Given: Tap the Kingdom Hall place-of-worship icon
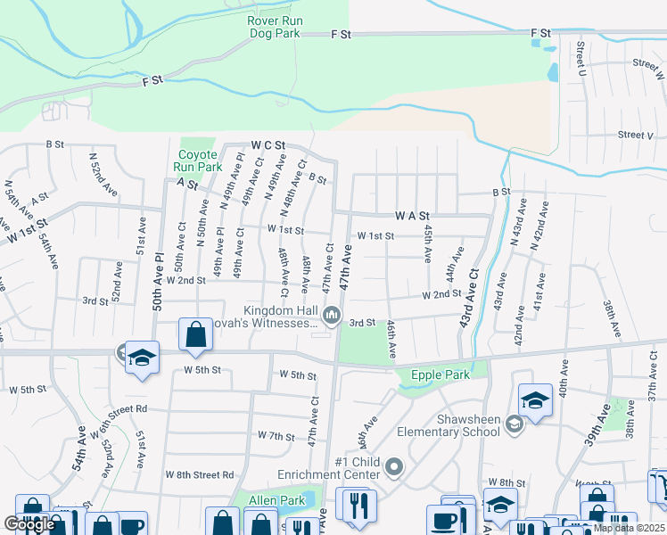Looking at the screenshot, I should [333, 314].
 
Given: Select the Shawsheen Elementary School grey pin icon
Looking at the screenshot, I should [515, 424].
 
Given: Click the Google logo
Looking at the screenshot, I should [29, 524].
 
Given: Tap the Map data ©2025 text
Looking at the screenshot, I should [629, 528].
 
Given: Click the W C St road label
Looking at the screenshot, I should [267, 144].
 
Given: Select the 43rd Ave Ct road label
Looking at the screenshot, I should [469, 297].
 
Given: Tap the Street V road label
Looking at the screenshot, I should [636, 135].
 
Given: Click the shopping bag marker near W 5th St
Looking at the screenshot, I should [195, 336].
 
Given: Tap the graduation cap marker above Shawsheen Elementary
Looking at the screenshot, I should [535, 401].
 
